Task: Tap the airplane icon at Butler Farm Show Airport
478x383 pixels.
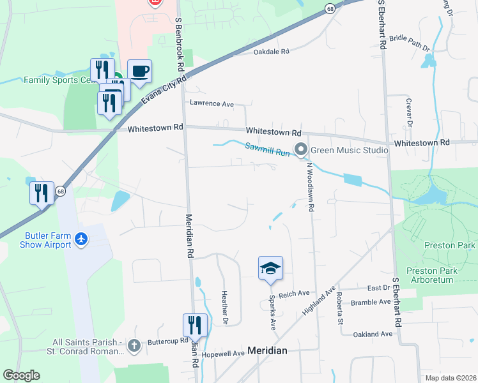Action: click(x=81, y=239)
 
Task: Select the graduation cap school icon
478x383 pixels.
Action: click(x=270, y=267)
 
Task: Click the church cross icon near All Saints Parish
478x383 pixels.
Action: click(x=134, y=346)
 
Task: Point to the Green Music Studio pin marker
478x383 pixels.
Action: click(x=301, y=151)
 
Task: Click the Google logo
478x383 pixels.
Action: click(x=21, y=375)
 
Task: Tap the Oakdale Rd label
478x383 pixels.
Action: click(x=271, y=52)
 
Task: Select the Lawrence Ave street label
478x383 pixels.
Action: click(x=212, y=103)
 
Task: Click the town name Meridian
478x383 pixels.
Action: click(x=267, y=350)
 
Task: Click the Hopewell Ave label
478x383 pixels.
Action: click(x=223, y=353)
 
